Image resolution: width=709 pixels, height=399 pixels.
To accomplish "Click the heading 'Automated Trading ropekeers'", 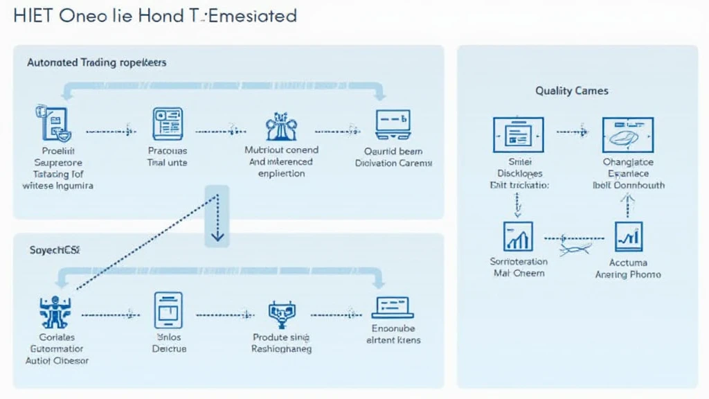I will tap(97, 62).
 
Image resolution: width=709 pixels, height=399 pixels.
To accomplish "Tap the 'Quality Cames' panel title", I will tap(572, 91).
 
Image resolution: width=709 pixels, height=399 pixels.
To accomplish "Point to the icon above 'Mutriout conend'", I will tap(281, 126).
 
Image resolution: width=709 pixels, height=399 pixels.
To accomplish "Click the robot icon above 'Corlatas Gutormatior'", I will tap(53, 312).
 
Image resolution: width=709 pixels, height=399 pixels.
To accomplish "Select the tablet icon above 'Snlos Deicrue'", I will tap(168, 310).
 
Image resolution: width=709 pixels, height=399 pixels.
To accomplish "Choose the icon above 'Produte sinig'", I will tap(281, 314).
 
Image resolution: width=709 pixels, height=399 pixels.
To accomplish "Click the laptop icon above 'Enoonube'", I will tap(393, 308).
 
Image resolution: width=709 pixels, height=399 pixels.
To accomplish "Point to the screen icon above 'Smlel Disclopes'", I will tap(519, 134).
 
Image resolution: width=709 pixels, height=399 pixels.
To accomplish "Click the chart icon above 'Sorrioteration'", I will tap(518, 237).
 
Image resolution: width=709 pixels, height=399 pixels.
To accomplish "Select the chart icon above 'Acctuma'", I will tap(628, 237).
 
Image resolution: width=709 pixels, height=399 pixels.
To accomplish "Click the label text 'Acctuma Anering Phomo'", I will tap(628, 269).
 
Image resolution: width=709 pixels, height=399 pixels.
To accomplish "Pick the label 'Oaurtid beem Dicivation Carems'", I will tap(393, 157).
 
